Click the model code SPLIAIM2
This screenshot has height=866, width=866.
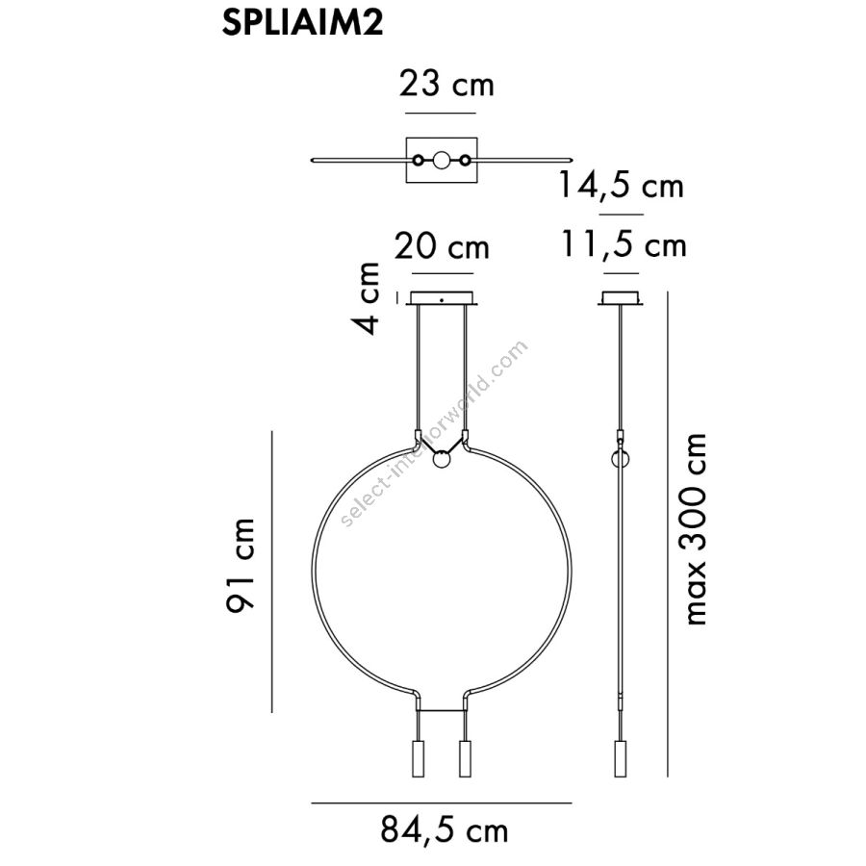(302, 24)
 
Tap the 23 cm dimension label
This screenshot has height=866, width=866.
(446, 85)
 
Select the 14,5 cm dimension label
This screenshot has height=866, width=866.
(621, 185)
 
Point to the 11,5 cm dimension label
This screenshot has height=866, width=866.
(624, 244)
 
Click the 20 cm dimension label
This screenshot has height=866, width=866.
(442, 246)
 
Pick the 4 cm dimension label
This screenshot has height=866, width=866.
(368, 298)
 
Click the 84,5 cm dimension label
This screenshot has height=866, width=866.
(444, 829)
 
